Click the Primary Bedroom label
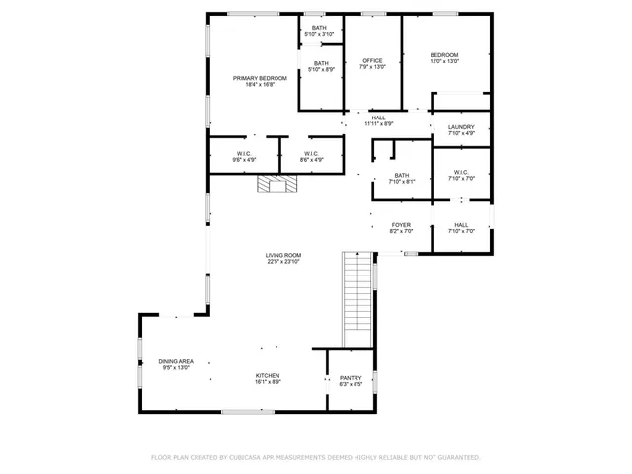coord(260,81)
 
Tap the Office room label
coord(372,64)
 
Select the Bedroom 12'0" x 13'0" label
coord(443,58)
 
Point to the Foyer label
coord(401,228)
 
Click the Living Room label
coord(282,259)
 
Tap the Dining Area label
coord(176,364)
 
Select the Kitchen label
coord(268,378)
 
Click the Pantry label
coord(351,381)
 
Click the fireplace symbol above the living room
coord(276,184)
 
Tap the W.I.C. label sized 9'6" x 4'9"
coord(244,156)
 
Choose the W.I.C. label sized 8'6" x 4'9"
coord(310,156)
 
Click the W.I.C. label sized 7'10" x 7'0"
coord(461,176)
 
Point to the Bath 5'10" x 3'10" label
coord(319,31)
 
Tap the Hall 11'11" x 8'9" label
coord(378,120)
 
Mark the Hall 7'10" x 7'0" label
coord(461,228)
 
